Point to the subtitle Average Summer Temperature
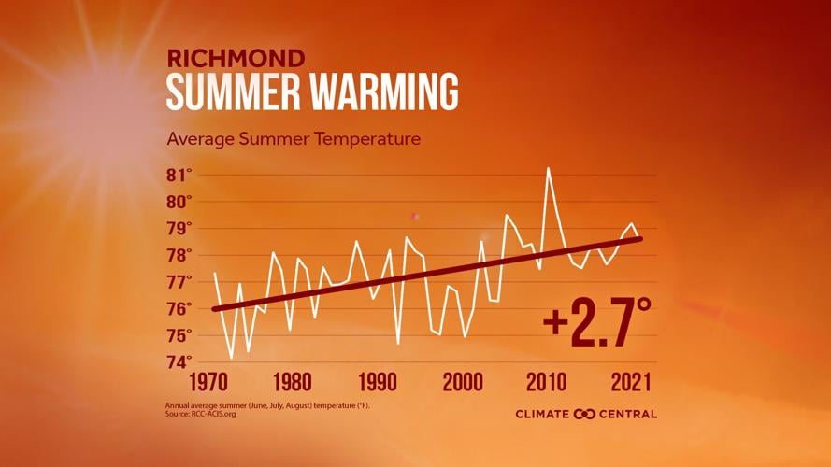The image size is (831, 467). click(x=294, y=139)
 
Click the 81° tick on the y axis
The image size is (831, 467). click(x=179, y=175)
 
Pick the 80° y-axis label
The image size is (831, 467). click(x=179, y=202)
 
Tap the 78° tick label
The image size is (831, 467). click(x=179, y=255)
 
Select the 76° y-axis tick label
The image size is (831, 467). click(x=179, y=308)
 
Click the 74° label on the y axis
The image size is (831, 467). click(x=179, y=361)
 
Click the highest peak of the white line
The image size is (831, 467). click(x=548, y=168)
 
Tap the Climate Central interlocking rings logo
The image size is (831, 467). click(x=584, y=414)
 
